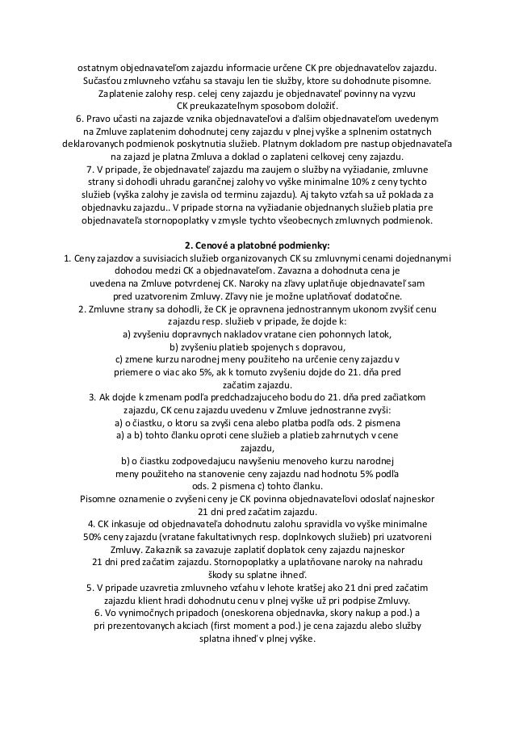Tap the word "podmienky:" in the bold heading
point(303,245)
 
